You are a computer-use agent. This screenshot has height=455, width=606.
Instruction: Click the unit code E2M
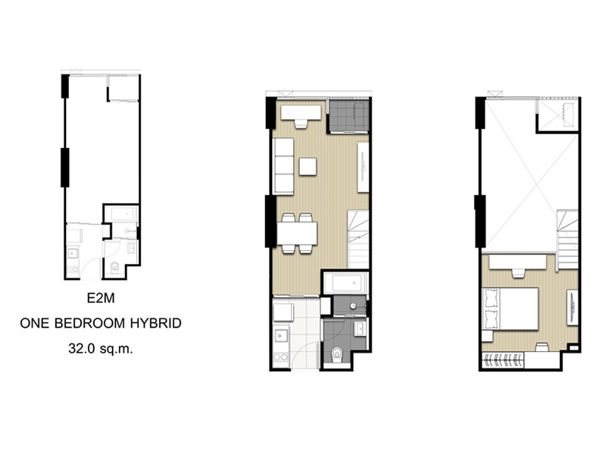101,298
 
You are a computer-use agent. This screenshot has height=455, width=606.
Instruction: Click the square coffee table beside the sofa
308,166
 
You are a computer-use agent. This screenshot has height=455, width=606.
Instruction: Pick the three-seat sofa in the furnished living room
283,166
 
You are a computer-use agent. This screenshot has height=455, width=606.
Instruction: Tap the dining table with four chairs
297,234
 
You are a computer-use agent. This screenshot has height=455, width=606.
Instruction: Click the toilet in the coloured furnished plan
337,353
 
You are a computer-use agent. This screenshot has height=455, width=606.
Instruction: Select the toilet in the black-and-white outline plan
114,267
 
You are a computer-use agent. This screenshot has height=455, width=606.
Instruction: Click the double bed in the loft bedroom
510,309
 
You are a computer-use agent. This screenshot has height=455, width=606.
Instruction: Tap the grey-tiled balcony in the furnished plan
348,116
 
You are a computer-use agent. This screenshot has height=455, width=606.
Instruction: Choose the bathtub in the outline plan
121,214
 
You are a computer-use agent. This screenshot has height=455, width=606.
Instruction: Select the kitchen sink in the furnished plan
280,336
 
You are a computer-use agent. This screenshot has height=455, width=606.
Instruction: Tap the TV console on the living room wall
363,167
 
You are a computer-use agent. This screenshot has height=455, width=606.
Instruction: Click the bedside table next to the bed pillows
487,335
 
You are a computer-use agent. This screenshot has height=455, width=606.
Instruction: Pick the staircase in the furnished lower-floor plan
358,239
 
